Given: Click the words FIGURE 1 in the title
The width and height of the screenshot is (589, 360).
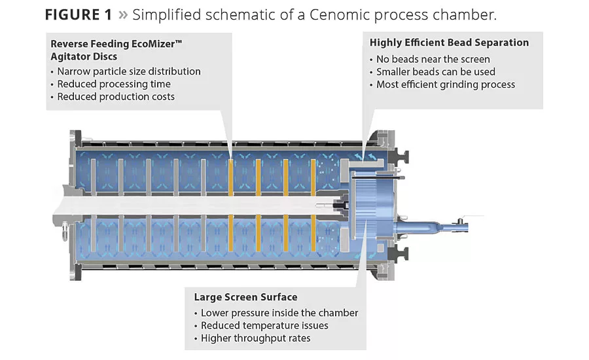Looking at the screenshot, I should point(78,15).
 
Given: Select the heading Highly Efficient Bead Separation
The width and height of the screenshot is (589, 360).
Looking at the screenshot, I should point(449,43).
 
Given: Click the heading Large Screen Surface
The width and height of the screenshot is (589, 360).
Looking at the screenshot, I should point(245,297).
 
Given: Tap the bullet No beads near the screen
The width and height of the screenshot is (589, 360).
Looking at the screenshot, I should point(433,59).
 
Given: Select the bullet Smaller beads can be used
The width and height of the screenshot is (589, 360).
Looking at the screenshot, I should point(435,71).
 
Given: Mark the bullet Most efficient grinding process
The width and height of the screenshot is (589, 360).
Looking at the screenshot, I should point(445,84).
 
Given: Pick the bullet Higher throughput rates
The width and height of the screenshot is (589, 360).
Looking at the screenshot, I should point(255,338).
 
